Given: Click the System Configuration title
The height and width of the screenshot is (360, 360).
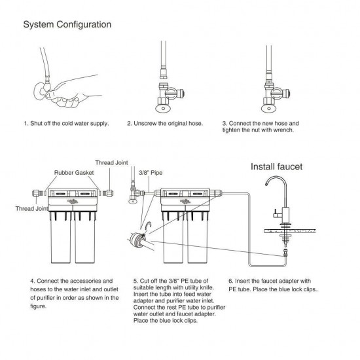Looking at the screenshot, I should [x=67, y=25].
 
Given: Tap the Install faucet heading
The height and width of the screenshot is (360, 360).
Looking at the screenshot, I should [x=277, y=167].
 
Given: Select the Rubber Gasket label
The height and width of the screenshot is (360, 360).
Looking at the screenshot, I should [x=72, y=174].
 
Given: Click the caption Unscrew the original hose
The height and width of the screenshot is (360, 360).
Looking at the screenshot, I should [x=165, y=122].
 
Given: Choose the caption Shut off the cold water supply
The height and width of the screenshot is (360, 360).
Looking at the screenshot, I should [x=66, y=122].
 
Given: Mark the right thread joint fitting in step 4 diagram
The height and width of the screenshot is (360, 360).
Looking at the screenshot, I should [x=109, y=194].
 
